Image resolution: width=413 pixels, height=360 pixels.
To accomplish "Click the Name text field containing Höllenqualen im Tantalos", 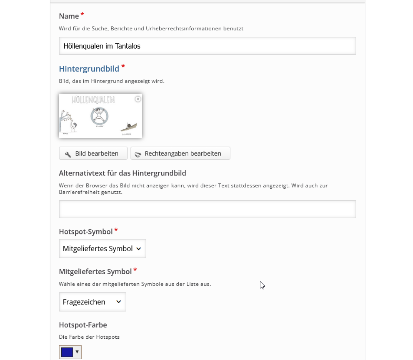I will click(x=207, y=46).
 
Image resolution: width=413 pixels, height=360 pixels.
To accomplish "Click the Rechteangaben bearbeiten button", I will click(x=180, y=153).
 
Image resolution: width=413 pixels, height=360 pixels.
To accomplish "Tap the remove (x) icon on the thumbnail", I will click(x=138, y=99).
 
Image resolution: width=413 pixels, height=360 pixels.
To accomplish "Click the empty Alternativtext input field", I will click(x=207, y=209).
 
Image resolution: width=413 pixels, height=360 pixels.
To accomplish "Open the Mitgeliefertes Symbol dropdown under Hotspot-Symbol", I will click(x=103, y=248).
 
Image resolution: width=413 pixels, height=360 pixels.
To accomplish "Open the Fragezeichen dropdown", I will click(x=93, y=302).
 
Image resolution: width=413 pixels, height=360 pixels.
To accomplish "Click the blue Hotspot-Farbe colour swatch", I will click(x=67, y=352).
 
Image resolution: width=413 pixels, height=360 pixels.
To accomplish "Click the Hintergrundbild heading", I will click(x=89, y=69).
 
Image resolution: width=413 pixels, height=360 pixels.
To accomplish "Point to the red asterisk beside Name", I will click(x=82, y=15).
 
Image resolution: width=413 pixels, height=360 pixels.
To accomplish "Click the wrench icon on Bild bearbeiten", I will click(x=68, y=154).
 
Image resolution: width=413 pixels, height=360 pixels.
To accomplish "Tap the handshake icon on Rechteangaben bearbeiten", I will click(x=138, y=154).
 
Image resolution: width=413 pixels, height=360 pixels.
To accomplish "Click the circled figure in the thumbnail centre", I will click(x=99, y=116).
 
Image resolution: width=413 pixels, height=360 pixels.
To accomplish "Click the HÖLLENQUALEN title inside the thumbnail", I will click(x=93, y=100).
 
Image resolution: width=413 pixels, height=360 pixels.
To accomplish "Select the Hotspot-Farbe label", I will click(x=83, y=325).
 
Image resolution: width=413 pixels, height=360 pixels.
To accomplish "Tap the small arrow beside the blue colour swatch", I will click(x=77, y=352).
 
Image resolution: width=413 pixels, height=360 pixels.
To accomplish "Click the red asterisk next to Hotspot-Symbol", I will click(x=116, y=230).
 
